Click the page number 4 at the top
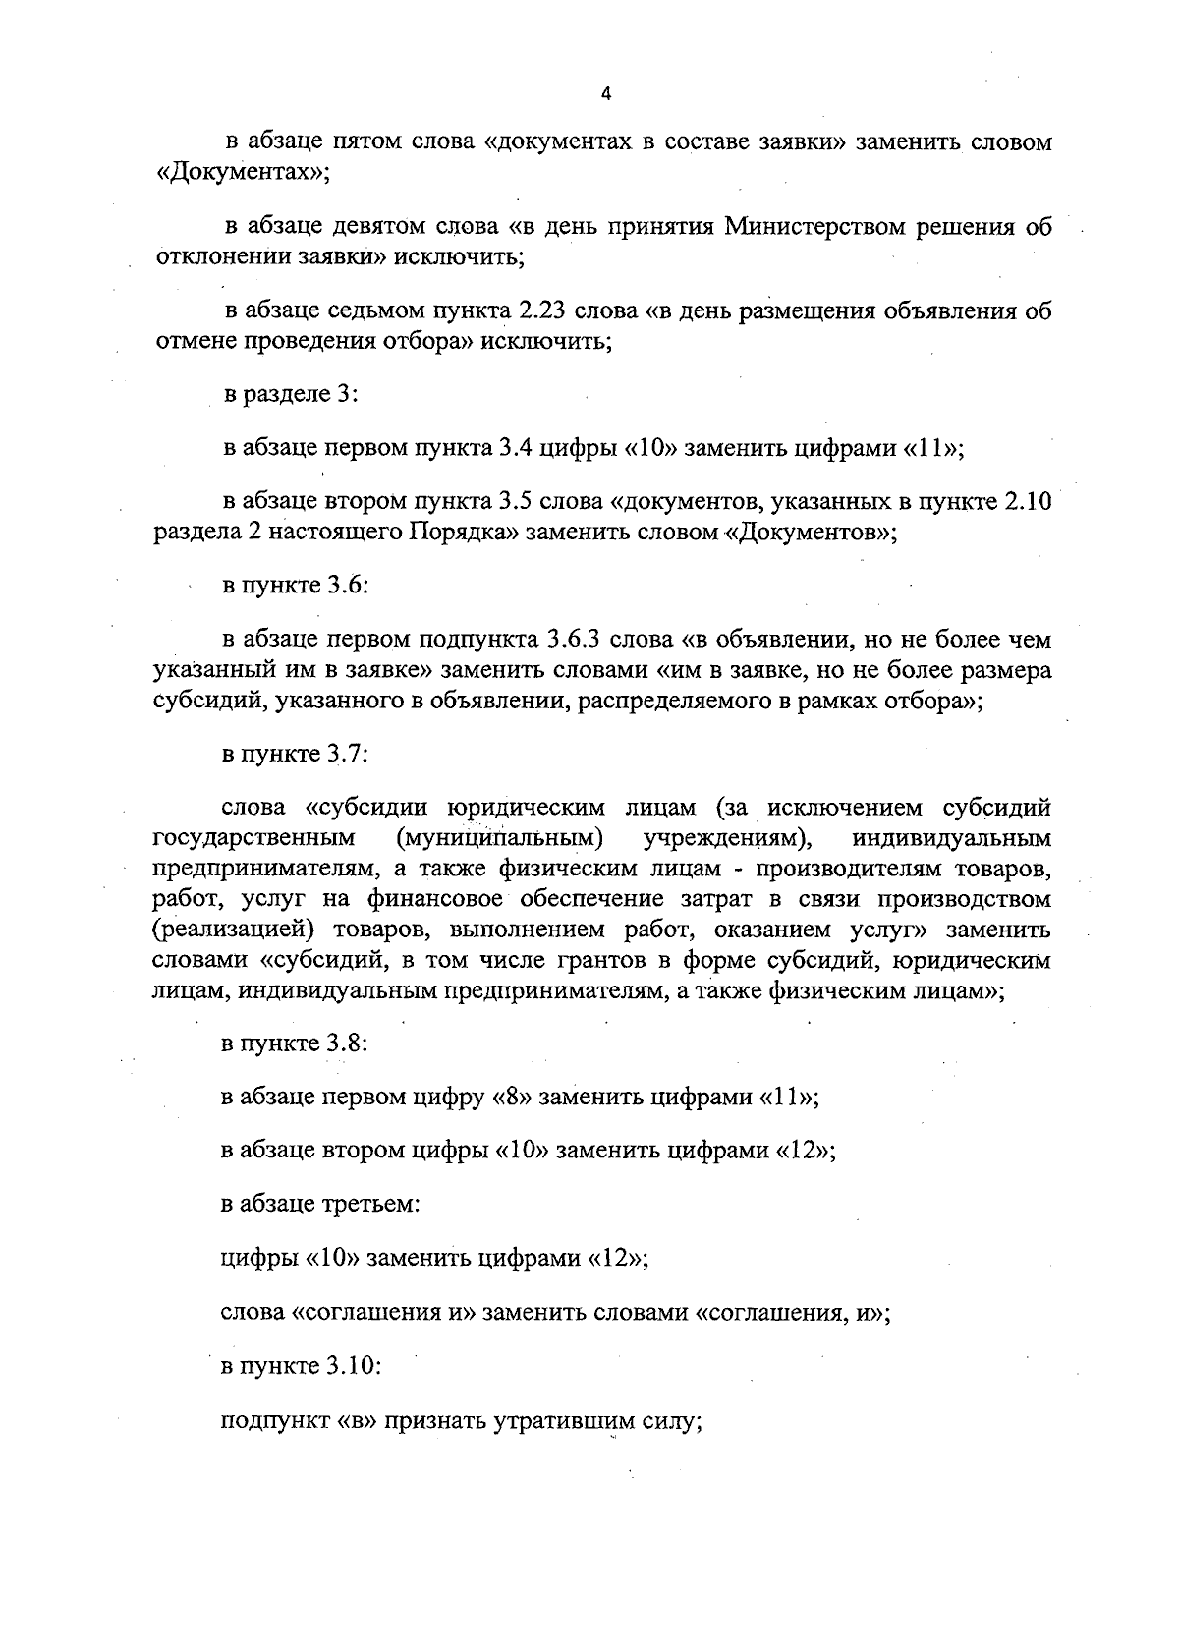(x=605, y=94)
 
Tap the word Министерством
(x=811, y=228)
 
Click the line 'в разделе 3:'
(x=291, y=394)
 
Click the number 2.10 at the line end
(x=1026, y=503)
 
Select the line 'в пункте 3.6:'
(x=295, y=586)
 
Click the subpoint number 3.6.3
(x=571, y=641)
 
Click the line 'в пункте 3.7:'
(x=295, y=755)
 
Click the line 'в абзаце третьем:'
(x=321, y=1203)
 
